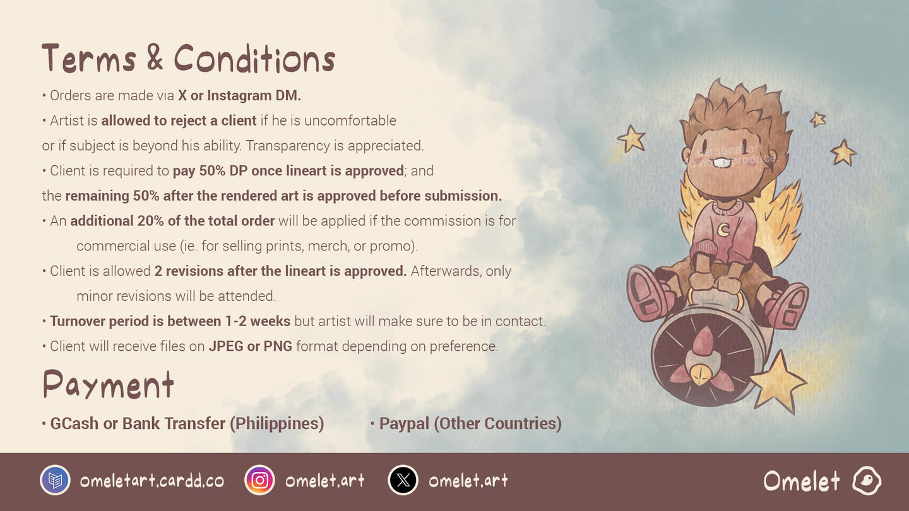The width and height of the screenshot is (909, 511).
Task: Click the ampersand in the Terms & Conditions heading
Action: pyautogui.click(x=155, y=57)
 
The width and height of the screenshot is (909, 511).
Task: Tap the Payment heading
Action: pyautogui.click(x=109, y=384)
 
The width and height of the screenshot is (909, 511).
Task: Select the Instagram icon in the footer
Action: pyautogui.click(x=259, y=480)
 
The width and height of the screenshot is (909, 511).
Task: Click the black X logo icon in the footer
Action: pyautogui.click(x=403, y=480)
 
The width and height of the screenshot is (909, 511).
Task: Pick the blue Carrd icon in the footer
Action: pyautogui.click(x=55, y=480)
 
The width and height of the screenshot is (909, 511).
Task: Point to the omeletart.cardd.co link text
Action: pyautogui.click(x=152, y=481)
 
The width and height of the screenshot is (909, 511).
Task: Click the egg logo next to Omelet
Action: pyautogui.click(x=867, y=481)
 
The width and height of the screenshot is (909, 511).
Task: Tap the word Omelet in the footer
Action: pyautogui.click(x=802, y=481)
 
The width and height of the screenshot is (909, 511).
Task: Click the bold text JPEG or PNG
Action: pyautogui.click(x=251, y=346)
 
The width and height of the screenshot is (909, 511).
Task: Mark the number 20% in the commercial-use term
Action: pyautogui.click(x=150, y=221)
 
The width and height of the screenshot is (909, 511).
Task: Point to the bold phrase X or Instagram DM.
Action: pyautogui.click(x=239, y=96)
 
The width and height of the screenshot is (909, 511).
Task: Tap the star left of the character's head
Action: pyautogui.click(x=631, y=139)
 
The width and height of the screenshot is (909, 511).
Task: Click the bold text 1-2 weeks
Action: pyautogui.click(x=258, y=321)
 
